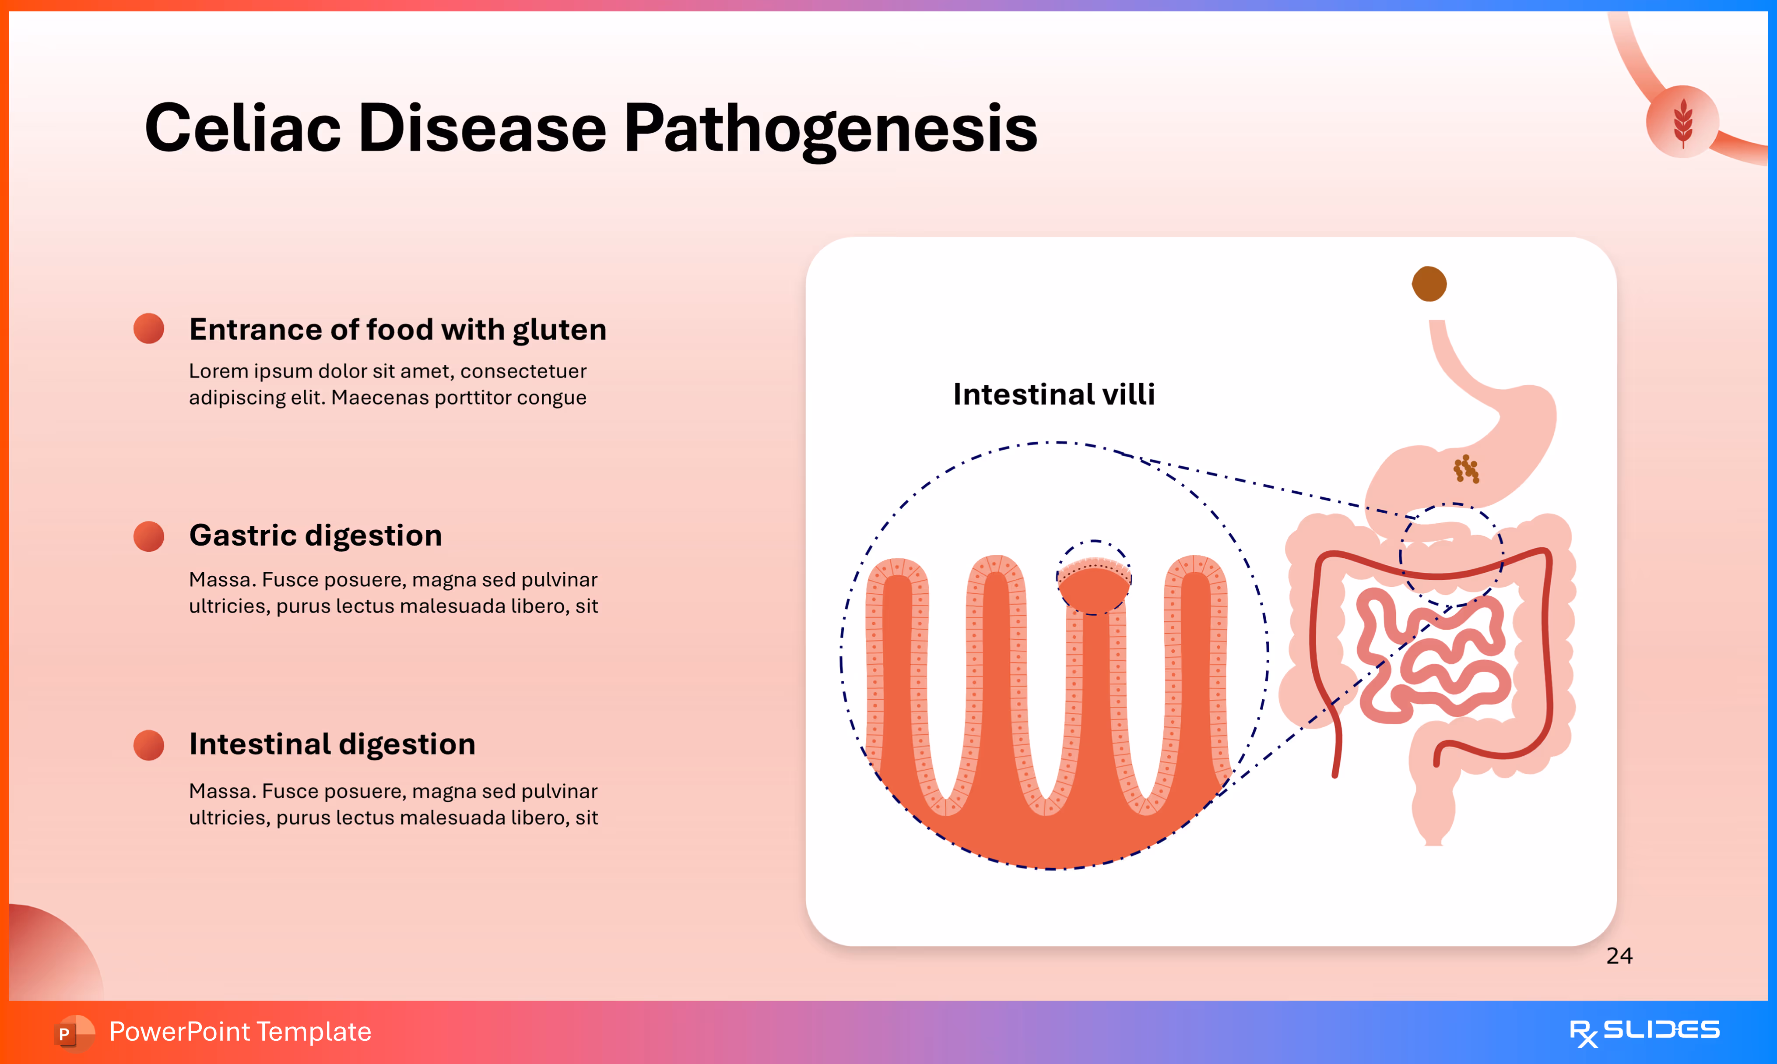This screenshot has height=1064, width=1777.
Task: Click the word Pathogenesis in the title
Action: click(x=830, y=129)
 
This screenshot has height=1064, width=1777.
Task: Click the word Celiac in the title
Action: click(x=242, y=129)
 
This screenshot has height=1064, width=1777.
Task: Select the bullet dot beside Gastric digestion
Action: click(x=149, y=536)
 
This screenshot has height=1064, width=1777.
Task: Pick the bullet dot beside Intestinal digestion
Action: click(x=149, y=745)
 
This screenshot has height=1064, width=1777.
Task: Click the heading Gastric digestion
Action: click(x=315, y=536)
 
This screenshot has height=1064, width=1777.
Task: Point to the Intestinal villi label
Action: click(x=1054, y=395)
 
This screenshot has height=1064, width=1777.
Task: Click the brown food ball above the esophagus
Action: click(x=1429, y=284)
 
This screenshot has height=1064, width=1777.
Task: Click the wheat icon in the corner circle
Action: click(x=1682, y=122)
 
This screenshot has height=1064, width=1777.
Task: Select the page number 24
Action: click(x=1619, y=956)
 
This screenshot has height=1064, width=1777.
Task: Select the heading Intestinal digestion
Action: click(x=332, y=744)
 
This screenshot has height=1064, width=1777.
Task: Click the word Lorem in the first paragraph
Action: click(x=218, y=371)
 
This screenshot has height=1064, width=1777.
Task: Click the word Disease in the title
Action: click(x=481, y=129)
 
